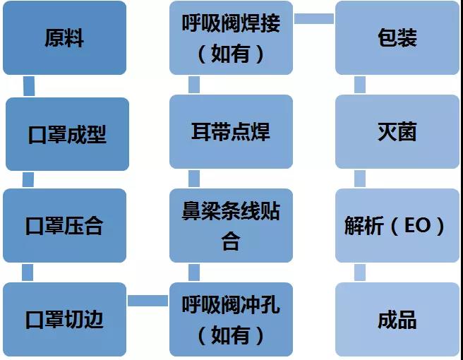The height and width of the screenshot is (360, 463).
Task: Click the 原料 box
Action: (65, 38)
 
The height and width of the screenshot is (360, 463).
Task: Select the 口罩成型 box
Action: (67, 134)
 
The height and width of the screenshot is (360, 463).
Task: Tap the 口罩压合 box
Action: (65, 225)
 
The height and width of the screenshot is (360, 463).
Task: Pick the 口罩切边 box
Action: (65, 319)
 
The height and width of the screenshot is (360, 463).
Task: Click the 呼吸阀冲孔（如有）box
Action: (231, 319)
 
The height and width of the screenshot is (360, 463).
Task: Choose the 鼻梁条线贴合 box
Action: (231, 225)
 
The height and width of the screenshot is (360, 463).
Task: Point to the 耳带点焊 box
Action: (231, 132)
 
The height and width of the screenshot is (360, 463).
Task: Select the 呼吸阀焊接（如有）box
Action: (231, 38)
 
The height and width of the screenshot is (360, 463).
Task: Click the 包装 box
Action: (397, 38)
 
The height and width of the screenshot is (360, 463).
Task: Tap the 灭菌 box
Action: (397, 132)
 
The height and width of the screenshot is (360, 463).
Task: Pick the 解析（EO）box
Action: (397, 225)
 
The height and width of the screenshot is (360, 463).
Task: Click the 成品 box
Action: (397, 319)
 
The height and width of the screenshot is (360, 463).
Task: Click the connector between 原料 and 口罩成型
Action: (29, 86)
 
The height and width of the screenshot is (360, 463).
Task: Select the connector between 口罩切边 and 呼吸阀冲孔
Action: (148, 301)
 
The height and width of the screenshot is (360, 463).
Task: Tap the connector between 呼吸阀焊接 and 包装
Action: (314, 18)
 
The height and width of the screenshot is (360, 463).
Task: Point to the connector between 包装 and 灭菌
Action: (360, 85)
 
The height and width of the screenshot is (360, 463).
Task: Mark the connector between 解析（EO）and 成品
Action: (360, 272)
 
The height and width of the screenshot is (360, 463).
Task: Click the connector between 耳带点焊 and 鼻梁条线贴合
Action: (194, 179)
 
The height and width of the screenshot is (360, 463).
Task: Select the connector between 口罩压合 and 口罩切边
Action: (28, 272)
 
